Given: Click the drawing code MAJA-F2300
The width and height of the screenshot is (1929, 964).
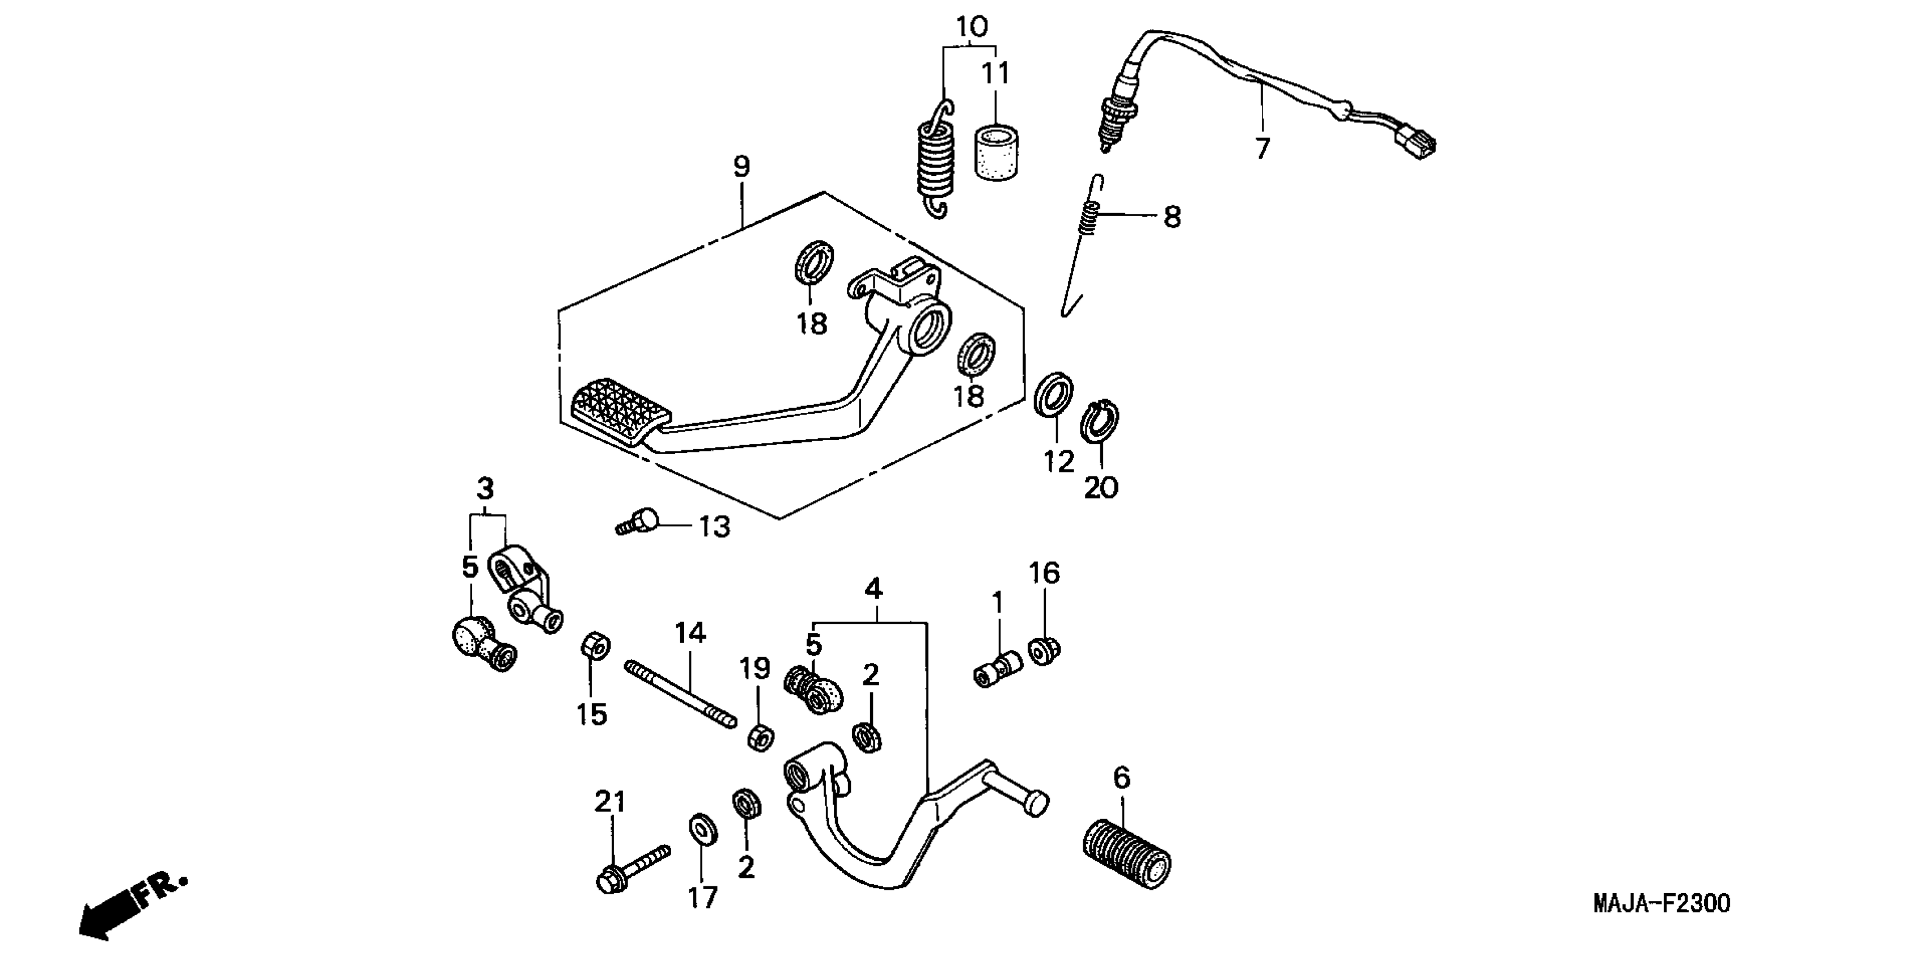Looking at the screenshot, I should pyautogui.click(x=1661, y=903).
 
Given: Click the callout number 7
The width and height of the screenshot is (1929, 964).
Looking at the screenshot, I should pyautogui.click(x=1262, y=149).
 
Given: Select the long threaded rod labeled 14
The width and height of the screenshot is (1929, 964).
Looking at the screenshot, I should pyautogui.click(x=679, y=694).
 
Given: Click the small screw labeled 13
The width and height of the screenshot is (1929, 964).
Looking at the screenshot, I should pyautogui.click(x=639, y=521).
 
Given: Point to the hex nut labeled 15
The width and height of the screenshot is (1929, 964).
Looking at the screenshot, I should pyautogui.click(x=595, y=647).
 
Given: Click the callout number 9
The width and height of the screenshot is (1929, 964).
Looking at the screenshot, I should pyautogui.click(x=741, y=166).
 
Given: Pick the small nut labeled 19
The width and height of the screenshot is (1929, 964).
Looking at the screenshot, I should pyautogui.click(x=760, y=738).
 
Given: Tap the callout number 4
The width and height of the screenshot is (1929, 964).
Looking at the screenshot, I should pyautogui.click(x=873, y=589).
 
